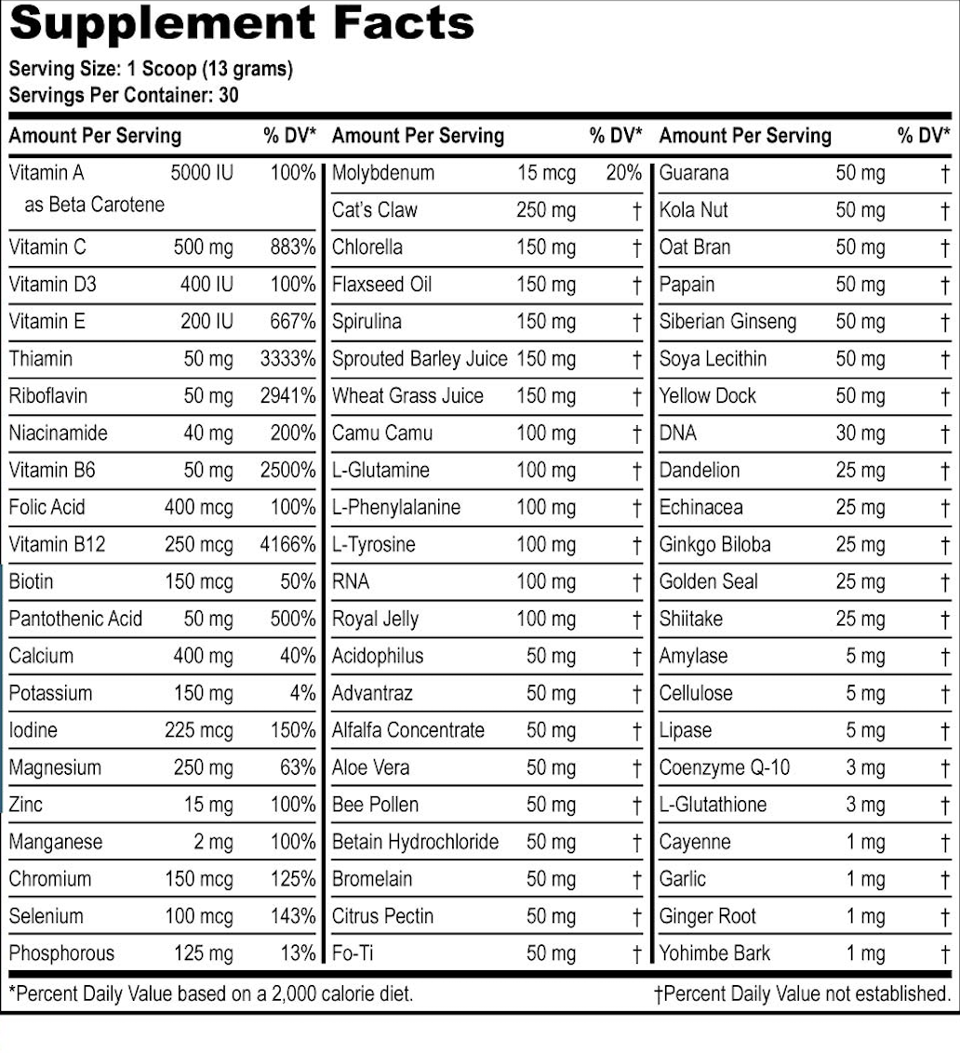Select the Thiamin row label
[41, 359]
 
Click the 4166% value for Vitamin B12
[287, 544]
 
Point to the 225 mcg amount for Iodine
[199, 730]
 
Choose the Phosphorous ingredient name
[61, 953]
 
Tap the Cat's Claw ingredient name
[375, 210]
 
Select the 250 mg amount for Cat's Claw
[546, 210]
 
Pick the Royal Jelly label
[375, 619]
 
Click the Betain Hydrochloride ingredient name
[415, 842]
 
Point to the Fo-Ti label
[353, 953]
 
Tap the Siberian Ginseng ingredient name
[727, 322]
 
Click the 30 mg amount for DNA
[860, 433]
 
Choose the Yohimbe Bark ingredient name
[714, 953]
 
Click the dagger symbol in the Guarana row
[945, 173]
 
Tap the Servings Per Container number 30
[229, 95]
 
